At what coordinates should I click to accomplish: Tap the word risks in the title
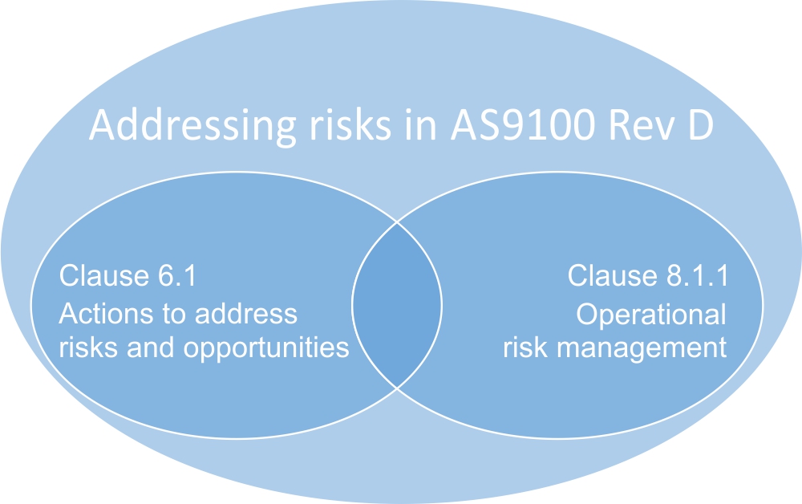350,124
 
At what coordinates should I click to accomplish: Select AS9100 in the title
523,125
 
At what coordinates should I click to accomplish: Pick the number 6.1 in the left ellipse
177,276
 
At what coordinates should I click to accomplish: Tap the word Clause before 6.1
103,276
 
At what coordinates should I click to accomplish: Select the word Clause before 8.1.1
612,276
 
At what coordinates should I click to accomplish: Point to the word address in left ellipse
246,314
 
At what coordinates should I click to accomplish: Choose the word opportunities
266,349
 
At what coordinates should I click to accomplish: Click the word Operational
651,315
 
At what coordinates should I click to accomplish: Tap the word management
642,349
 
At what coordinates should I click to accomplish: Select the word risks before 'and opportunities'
89,348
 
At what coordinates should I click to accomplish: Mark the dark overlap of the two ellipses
397,306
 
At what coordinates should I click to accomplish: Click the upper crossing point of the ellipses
397,222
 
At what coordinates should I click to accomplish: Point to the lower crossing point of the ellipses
397,388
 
